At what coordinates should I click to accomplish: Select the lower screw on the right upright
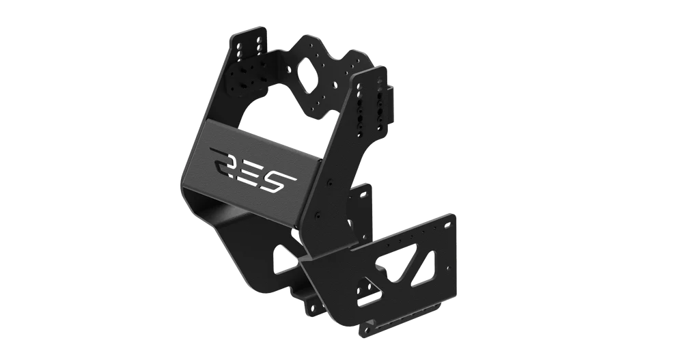(x=319, y=215)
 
